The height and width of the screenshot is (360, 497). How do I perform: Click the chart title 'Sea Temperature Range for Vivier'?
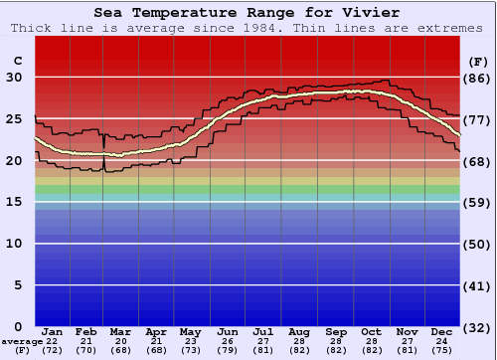pos(248,13)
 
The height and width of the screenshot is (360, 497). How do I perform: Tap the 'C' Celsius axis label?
pos(17,62)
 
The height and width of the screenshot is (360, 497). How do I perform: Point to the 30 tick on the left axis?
pos(17,78)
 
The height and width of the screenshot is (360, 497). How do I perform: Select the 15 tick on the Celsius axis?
pos(17,202)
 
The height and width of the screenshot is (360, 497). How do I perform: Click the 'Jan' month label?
pos(53,331)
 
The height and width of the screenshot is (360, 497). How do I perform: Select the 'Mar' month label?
pos(120,331)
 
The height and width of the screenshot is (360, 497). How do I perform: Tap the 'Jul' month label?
pos(263,331)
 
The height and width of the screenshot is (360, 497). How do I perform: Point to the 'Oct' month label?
pos(372,331)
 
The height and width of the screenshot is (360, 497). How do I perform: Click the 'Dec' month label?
pos(442,331)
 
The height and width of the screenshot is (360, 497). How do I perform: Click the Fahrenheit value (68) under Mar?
pos(120,350)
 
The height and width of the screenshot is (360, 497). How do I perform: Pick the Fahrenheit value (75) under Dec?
pos(442,350)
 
